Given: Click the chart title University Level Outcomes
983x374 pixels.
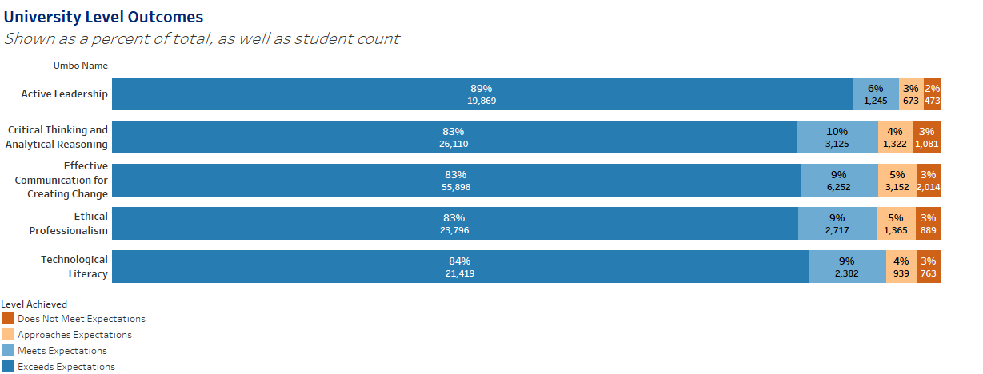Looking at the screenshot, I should pos(103,17).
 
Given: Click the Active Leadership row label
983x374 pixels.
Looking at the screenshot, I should pos(64,94).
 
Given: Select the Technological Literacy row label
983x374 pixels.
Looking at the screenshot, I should pos(74,267).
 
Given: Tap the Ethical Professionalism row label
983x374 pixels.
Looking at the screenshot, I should pos(69,224).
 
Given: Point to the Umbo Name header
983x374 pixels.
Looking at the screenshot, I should pos(80,66).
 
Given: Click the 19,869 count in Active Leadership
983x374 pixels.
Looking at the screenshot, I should pos(482,101).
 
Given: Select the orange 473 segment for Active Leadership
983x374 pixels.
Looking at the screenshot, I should pos(932,94).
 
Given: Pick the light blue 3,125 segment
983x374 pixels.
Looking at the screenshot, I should pos(837,137).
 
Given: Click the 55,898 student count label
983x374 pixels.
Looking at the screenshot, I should pos(456,187).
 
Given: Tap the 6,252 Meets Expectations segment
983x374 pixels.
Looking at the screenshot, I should pos(838,181).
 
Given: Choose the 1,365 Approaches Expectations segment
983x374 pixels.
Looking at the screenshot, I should pos(896,224).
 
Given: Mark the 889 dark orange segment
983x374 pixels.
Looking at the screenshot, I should pos(929,224).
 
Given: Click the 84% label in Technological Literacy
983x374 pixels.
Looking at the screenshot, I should pos(460,261).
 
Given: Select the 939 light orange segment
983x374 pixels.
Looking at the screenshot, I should pos(901,267).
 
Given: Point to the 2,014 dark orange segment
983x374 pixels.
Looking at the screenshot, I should pos(929,181).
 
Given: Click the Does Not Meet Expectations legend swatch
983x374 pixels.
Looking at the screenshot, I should pos(8,319).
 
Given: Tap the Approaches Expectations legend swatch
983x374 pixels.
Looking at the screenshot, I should pos(8,335).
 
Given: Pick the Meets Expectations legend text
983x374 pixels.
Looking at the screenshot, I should pos(62,351).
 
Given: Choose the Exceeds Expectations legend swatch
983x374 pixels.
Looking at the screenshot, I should pos(8,367).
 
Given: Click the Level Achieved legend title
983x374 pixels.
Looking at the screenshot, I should pos(34,304).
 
